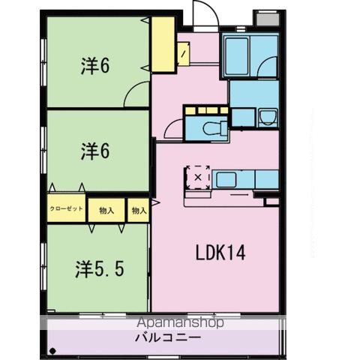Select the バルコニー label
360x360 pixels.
pos(167,338)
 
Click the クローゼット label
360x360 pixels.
pos(67,210)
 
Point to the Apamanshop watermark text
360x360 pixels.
pos(180,324)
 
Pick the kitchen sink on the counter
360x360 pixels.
pos(229,179)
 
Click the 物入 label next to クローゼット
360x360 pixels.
pos(106,211)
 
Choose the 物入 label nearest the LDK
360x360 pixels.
pos(138,211)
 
